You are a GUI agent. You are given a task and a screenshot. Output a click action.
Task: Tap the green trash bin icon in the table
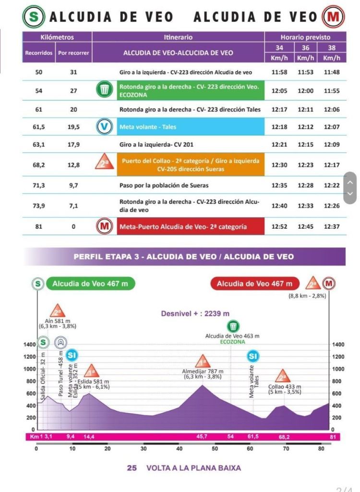[104, 90]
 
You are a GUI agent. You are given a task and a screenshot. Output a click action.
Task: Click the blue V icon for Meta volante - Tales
[104, 127]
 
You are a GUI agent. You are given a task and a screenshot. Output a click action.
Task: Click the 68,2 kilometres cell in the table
[39, 165]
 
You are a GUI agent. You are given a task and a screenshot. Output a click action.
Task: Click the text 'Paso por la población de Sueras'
[164, 185]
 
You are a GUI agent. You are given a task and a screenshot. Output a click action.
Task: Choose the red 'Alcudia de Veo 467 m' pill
[254, 283]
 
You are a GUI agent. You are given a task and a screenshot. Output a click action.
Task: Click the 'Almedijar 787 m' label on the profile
[202, 371]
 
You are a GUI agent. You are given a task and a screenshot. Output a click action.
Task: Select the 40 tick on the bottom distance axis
[180, 449]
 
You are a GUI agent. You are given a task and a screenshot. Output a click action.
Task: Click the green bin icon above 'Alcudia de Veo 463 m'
[233, 325]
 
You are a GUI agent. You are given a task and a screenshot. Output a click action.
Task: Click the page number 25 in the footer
[132, 467]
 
